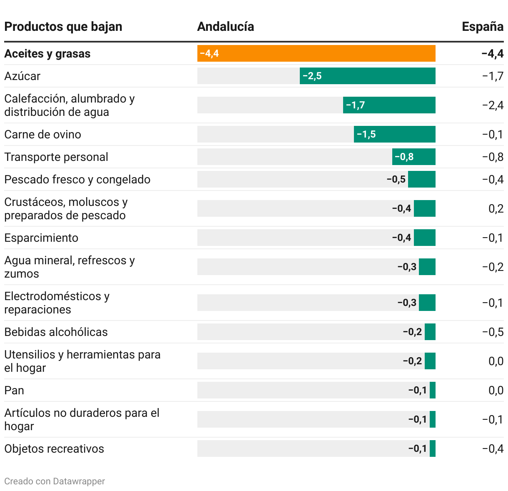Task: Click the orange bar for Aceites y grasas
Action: coord(316,53)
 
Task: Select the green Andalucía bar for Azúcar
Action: coord(367,76)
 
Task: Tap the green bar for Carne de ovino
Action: coord(394,134)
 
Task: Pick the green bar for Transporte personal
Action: coord(413,157)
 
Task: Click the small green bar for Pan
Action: coord(433,390)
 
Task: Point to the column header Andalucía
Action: coord(225,27)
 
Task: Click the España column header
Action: coord(482,27)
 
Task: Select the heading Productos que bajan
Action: coord(63,27)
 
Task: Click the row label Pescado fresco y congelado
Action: coord(77,179)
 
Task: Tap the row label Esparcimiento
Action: coord(41,238)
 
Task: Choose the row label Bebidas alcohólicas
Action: coord(56,332)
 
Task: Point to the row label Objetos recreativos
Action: coord(54,448)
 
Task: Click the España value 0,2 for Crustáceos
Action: coord(496,208)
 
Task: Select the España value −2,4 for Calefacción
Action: coord(493,105)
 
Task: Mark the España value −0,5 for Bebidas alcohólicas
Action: coord(493,332)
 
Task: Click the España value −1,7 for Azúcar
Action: coord(493,76)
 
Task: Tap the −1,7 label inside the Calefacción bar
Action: coord(355,105)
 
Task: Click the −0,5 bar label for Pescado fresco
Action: coord(396,179)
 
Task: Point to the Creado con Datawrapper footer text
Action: coord(55,481)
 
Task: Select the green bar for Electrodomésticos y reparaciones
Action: coord(427,303)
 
